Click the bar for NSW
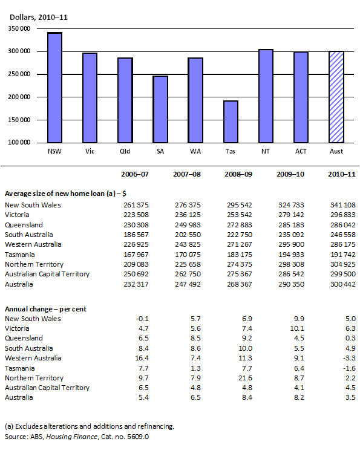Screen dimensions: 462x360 pos(54,88)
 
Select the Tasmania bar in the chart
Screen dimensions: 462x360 pos(231,122)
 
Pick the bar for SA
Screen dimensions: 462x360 pos(160,109)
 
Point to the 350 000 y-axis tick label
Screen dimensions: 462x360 pos(21,28)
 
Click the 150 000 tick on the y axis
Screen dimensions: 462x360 pos(21,97)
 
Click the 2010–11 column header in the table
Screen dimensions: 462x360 pos(336,175)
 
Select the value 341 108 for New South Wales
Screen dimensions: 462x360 pos(336,205)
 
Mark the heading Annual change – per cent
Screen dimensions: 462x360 pos(45,308)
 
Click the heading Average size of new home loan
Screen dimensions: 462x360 pos(64,194)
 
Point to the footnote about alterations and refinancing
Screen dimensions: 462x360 pos(90,426)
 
